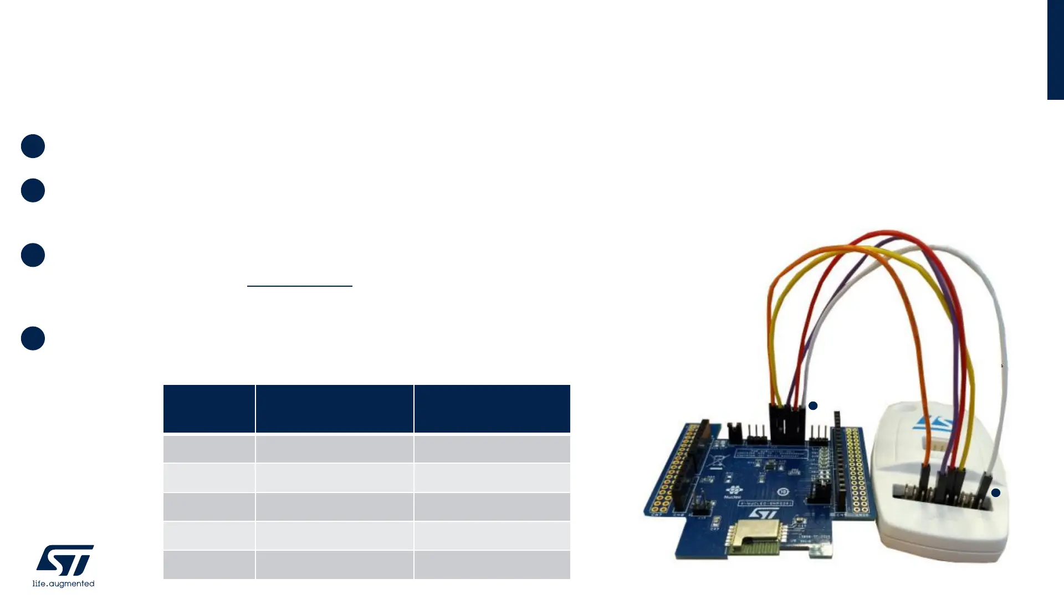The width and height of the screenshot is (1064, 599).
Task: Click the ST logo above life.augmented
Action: coord(65,560)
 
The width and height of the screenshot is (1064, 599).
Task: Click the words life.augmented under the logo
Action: coord(63,583)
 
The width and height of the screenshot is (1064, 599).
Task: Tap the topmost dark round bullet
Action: coord(33,146)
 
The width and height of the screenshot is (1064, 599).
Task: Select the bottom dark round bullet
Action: coord(33,338)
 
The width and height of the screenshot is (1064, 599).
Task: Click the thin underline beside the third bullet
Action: coord(299,286)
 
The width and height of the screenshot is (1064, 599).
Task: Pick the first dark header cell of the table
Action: coord(209,408)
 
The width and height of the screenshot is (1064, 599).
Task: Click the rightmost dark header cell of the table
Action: coord(492,408)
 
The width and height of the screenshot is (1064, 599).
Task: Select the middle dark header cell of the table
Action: coord(334,408)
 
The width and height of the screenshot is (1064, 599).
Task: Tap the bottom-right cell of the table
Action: coord(492,565)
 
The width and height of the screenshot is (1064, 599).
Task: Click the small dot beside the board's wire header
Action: coord(813,406)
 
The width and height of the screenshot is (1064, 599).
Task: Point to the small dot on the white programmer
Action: coord(996,493)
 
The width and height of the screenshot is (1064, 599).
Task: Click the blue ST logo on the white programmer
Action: coord(933,424)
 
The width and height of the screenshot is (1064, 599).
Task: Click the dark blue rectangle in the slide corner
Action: coord(1055,50)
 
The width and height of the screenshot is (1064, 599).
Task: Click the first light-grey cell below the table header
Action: coord(209,449)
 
